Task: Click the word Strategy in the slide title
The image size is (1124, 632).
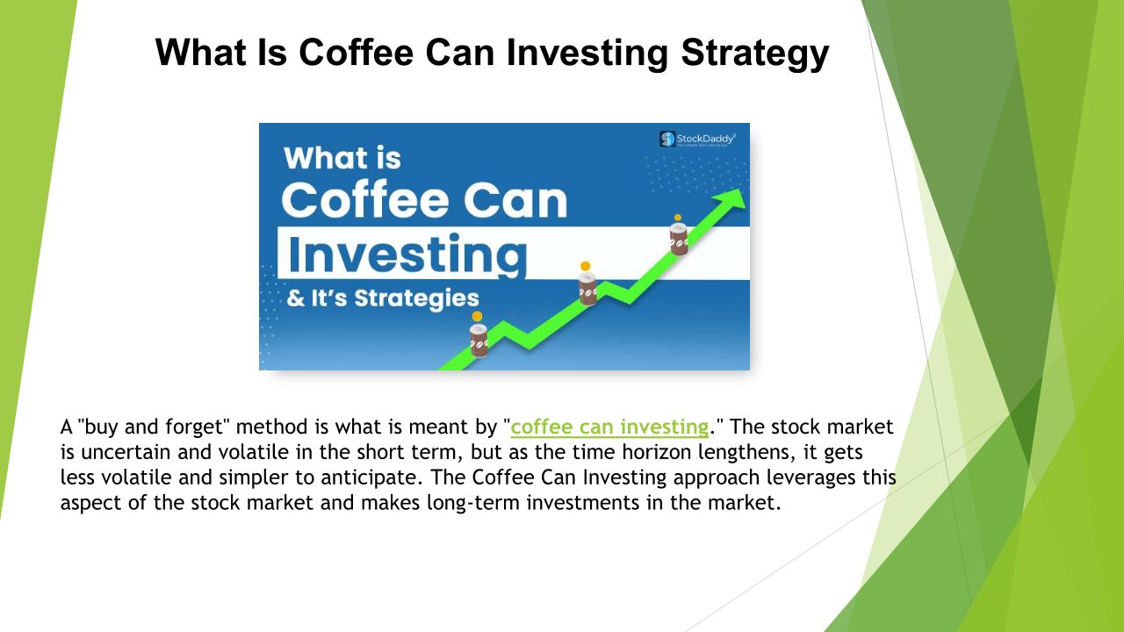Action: [x=754, y=54]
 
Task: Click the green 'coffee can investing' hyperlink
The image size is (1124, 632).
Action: [x=609, y=427]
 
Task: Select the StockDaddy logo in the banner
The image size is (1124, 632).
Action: [x=697, y=139]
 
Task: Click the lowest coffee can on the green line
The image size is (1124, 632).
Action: [x=479, y=340]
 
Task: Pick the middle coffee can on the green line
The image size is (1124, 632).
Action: [x=587, y=289]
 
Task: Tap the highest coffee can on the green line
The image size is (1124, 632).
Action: [x=679, y=240]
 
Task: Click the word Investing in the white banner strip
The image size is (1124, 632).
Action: [x=407, y=255]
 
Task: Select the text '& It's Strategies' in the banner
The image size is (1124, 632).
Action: [x=383, y=298]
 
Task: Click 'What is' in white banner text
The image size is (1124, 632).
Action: [x=342, y=158]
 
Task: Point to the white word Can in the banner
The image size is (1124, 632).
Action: [x=515, y=200]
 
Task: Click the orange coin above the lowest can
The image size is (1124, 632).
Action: [x=477, y=316]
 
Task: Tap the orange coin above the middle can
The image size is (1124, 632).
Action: [x=585, y=266]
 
